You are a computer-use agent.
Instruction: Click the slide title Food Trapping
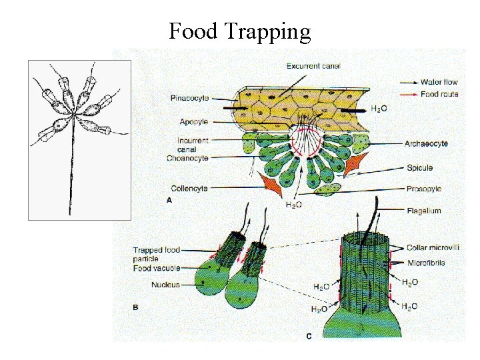(x=239, y=31)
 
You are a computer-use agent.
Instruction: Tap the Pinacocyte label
(x=189, y=98)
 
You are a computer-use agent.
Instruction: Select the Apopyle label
(x=194, y=122)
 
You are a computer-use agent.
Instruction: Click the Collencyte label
(x=189, y=189)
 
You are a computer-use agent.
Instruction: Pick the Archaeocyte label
(x=426, y=143)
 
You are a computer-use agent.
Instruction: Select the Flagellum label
(x=424, y=211)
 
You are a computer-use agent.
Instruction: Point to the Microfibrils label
(x=427, y=263)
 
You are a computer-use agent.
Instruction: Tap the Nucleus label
(x=165, y=285)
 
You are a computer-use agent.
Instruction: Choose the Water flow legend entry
(x=439, y=83)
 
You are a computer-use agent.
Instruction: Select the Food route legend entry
(x=439, y=94)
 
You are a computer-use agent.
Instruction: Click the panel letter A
(x=167, y=200)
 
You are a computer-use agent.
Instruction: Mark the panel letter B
(x=136, y=308)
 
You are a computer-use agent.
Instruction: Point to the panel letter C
(x=309, y=336)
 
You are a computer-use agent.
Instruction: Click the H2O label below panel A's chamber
(x=293, y=205)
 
